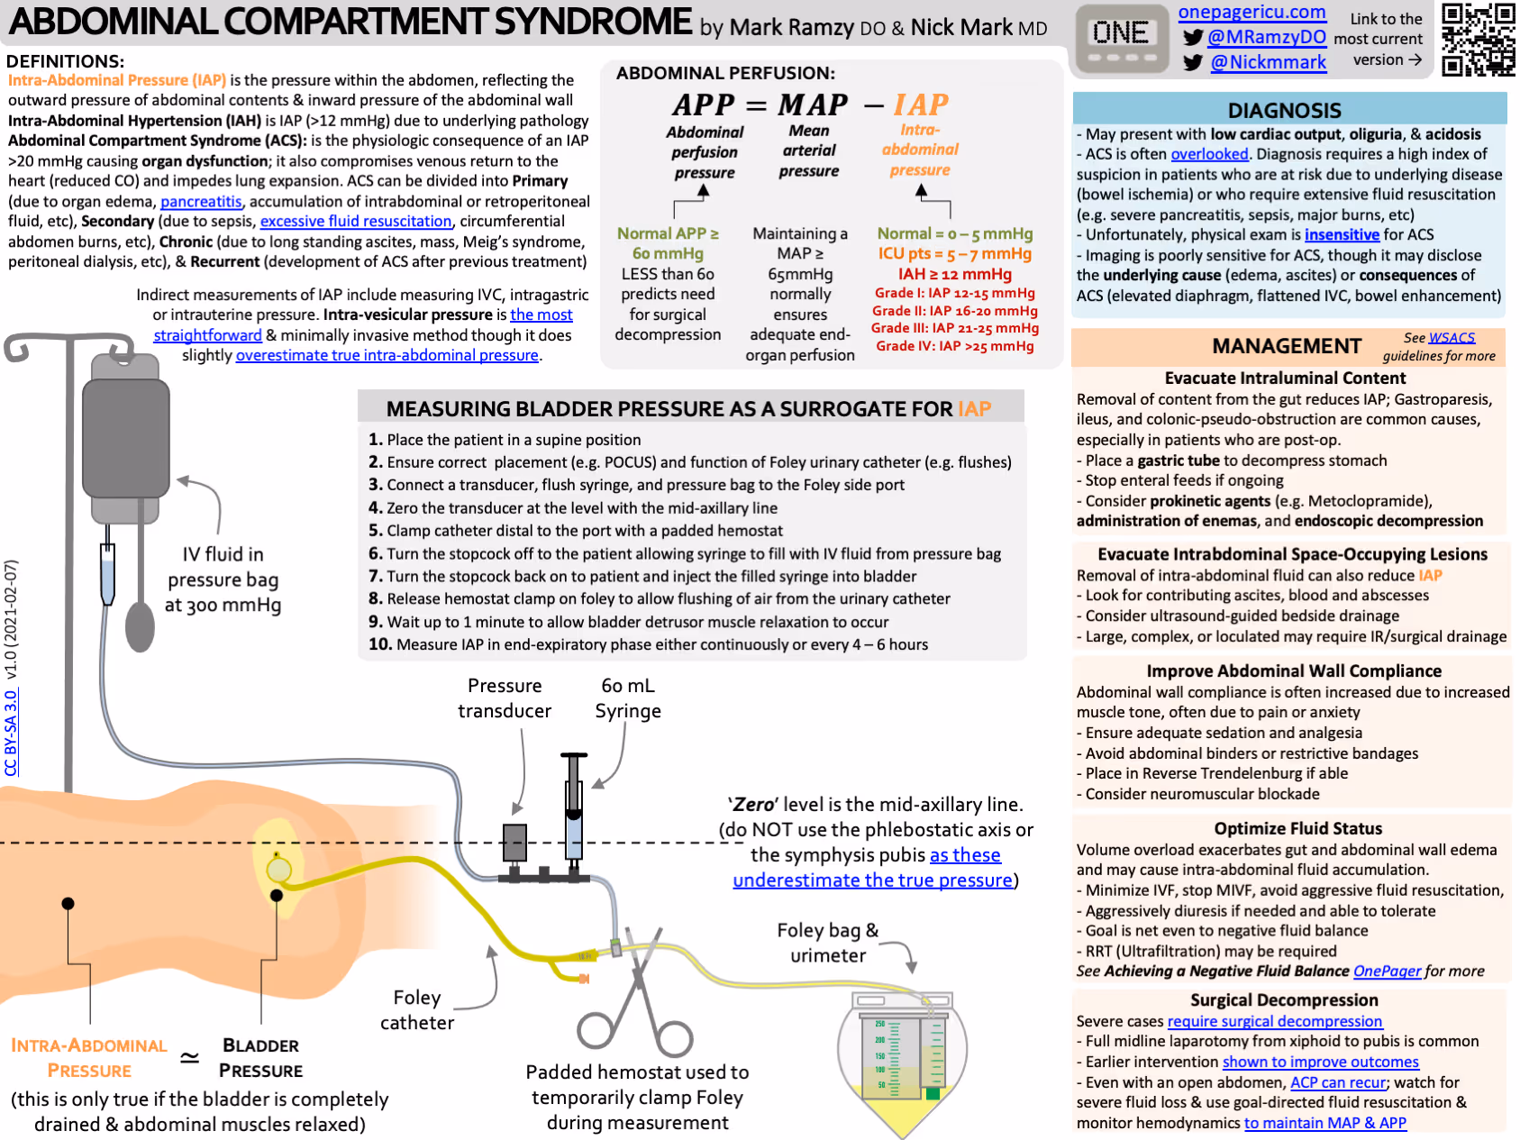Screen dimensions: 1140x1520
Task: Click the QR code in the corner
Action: click(x=1478, y=39)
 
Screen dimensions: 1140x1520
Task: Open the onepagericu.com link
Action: click(x=1251, y=13)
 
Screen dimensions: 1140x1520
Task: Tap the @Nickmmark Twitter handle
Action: click(x=1268, y=62)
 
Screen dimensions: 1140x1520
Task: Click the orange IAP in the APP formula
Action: click(x=921, y=105)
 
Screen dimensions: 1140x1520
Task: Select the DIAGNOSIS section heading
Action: click(x=1284, y=111)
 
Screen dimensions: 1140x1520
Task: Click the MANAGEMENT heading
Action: click(x=1286, y=347)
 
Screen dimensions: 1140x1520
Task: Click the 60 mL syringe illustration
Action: click(x=573, y=807)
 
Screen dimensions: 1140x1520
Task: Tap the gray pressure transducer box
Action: click(x=514, y=843)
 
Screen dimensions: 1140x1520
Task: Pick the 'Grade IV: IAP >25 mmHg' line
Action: click(x=954, y=346)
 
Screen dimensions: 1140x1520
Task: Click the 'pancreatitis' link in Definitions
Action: click(x=201, y=202)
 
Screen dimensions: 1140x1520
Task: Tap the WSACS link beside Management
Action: click(x=1452, y=338)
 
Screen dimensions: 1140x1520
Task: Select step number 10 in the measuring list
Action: click(x=379, y=644)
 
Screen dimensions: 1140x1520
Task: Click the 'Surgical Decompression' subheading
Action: click(x=1284, y=1000)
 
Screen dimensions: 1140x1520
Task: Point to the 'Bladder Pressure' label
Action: click(x=260, y=1058)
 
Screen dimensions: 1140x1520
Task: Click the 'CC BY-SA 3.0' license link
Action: click(x=11, y=732)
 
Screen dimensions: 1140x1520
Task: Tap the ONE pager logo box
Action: click(x=1120, y=39)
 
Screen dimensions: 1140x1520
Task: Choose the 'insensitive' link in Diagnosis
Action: click(x=1342, y=235)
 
